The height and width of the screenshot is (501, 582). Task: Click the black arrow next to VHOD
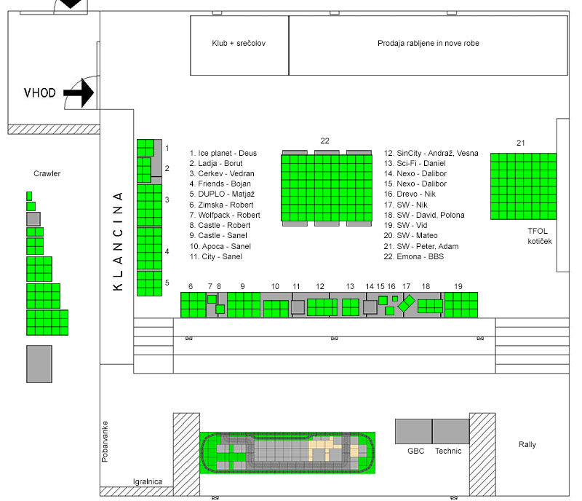point(79,92)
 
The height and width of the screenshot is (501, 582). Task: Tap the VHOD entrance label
point(40,92)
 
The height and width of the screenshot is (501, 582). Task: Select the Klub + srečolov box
point(239,45)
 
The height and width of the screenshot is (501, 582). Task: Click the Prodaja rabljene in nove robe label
point(428,43)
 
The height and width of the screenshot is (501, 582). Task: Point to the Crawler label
point(47,173)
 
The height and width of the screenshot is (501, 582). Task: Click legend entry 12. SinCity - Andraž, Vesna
point(431,153)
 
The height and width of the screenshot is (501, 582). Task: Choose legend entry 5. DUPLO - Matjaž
point(222,194)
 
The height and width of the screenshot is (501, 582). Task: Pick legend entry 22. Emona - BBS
point(413,256)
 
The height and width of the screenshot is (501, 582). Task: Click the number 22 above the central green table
point(324,141)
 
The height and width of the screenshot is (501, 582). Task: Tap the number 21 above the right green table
point(521,143)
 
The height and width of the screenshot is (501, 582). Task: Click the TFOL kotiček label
point(540,236)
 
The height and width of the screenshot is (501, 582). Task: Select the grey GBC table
point(413,432)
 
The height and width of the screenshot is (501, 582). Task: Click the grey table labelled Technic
point(451,432)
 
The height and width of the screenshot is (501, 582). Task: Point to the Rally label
point(527,444)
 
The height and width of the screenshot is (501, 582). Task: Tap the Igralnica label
point(148,481)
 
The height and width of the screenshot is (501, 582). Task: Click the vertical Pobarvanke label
point(105,441)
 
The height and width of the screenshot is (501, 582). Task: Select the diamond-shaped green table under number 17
point(407,304)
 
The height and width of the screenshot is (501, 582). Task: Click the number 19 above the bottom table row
point(458,287)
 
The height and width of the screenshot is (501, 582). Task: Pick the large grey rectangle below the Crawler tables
point(39,364)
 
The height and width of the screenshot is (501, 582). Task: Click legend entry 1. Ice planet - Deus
point(223,153)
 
